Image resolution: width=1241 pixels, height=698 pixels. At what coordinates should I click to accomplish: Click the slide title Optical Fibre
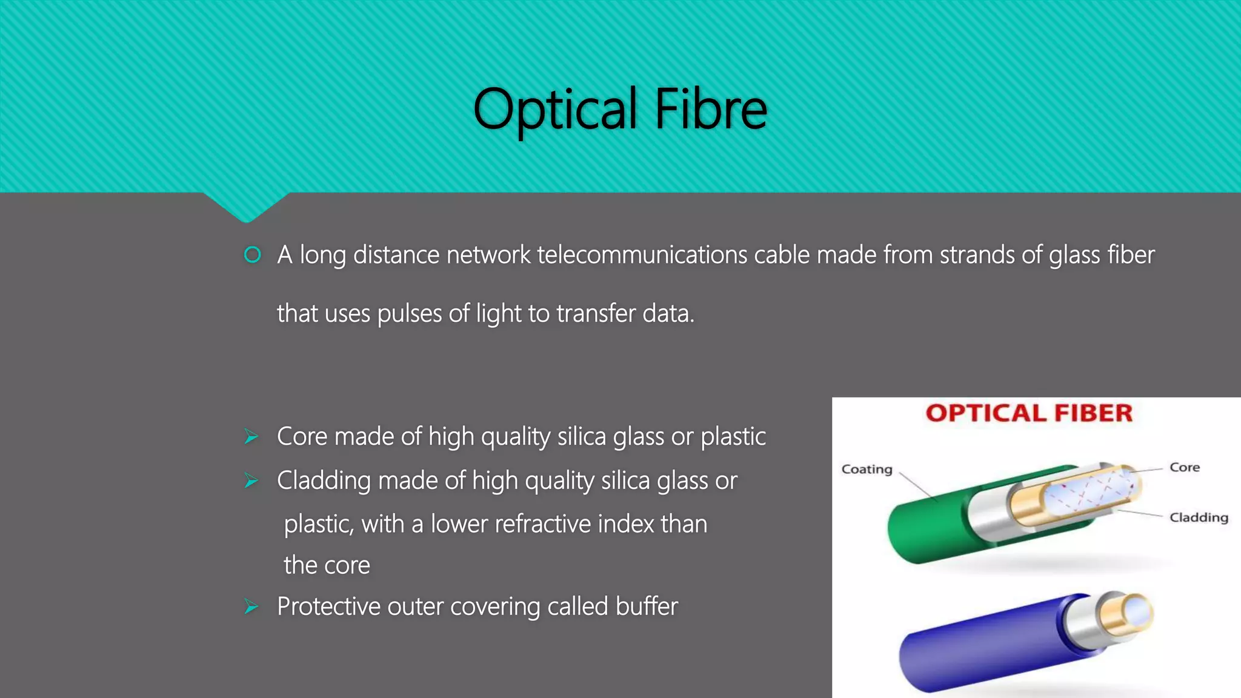pos(620,109)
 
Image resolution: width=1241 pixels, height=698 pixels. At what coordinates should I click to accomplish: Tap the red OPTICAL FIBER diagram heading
pos(1029,413)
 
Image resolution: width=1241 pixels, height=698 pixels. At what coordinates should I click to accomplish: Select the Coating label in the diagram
pos(867,470)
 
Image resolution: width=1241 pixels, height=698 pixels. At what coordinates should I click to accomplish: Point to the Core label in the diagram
pos(1185,467)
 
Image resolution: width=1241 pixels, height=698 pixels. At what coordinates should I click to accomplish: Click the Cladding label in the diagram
pos(1199,517)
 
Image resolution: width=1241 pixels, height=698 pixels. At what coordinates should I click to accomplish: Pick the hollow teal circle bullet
pos(252,255)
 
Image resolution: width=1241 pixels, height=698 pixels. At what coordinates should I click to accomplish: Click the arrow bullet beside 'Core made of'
pos(251,437)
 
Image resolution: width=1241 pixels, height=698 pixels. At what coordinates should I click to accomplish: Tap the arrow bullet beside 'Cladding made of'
pos(251,481)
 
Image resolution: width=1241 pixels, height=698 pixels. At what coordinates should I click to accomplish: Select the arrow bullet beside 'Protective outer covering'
pos(251,607)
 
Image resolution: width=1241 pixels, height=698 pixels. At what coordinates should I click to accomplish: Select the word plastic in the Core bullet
pos(733,437)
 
